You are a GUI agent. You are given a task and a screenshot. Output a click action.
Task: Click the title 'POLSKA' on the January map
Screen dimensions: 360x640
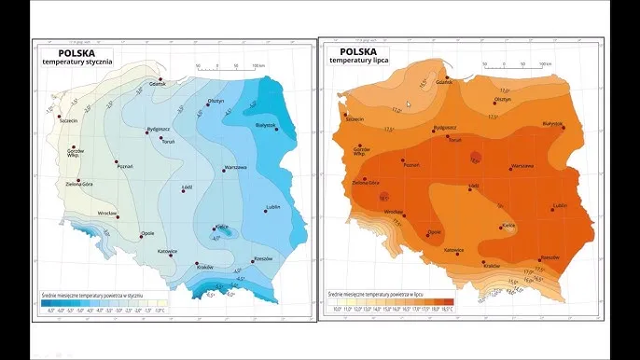(63, 52)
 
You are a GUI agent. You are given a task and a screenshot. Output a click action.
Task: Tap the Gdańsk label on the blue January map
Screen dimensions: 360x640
(158, 84)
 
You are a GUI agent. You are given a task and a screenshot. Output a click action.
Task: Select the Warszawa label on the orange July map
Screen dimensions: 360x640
(522, 166)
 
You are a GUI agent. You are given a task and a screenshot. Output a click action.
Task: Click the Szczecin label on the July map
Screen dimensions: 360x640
(354, 119)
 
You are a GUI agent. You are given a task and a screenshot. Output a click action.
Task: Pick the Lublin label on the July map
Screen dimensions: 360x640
(560, 205)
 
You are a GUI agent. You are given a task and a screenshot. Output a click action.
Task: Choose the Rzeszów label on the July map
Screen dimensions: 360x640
(550, 256)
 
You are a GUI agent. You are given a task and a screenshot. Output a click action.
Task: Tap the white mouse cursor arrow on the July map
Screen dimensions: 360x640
(408, 104)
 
